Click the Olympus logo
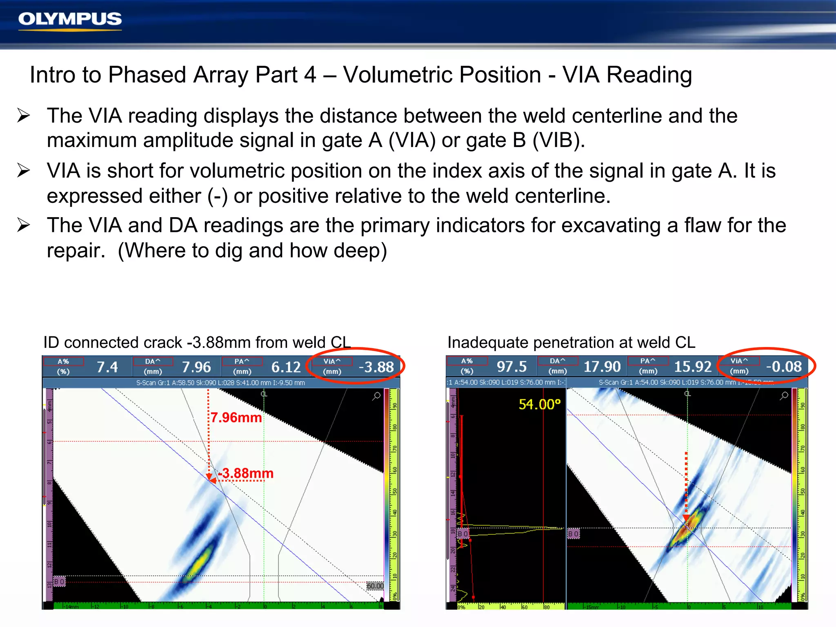70,20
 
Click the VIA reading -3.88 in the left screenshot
376,367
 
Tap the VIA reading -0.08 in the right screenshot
783,367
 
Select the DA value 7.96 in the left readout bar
196,367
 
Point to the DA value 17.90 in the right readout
602,367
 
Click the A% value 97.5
511,367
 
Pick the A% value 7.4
107,367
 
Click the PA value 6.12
286,367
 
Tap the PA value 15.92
693,367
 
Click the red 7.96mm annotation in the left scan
236,418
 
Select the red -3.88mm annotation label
246,474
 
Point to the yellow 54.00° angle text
539,405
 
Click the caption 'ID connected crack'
113,342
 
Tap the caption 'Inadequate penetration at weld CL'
571,342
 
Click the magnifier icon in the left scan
376,396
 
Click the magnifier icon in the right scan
784,396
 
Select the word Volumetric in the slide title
442,75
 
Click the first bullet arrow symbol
24,116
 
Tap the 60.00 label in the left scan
375,586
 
